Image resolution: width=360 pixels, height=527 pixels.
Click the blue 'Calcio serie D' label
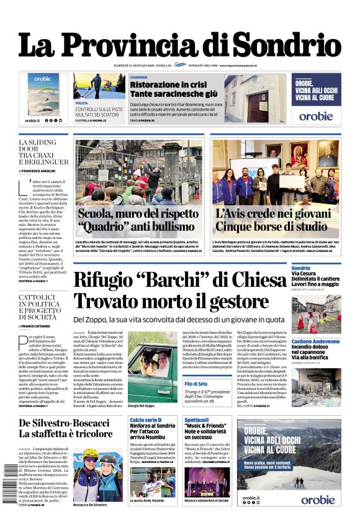tap(145, 420)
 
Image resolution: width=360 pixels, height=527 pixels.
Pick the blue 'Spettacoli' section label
tap(196, 420)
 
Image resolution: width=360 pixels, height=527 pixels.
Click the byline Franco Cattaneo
tap(38, 325)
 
